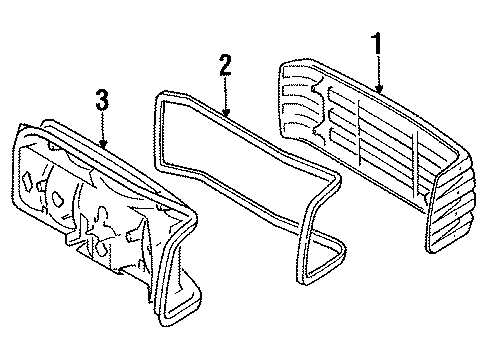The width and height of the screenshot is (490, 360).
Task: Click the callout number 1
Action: pos(377,43)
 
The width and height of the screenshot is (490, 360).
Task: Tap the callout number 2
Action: pos(225,65)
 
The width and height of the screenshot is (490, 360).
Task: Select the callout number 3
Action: pos(102,99)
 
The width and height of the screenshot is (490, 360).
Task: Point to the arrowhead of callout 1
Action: pos(379,88)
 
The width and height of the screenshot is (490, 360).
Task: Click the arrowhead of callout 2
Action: pos(226,113)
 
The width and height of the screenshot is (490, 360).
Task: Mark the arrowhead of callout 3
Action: pos(103,144)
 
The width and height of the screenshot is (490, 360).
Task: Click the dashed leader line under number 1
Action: pos(378,70)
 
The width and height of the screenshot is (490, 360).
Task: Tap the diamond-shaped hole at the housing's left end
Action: pos(27,181)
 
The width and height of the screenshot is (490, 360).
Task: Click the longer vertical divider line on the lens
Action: pos(358,133)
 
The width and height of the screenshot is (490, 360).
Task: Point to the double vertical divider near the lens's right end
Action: pos(415,164)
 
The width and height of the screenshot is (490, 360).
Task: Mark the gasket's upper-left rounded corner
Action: pos(159,97)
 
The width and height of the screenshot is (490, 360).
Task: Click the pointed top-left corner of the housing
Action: pos(21,126)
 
